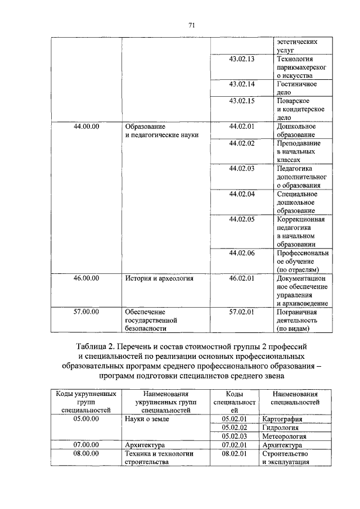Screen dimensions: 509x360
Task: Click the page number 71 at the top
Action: click(191, 25)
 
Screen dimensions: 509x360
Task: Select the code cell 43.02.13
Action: click(242, 59)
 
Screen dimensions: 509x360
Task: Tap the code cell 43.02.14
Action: click(242, 84)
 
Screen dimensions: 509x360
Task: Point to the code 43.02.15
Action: click(242, 101)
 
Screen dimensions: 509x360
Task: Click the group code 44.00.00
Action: click(86, 127)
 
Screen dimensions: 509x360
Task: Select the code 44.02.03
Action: click(242, 168)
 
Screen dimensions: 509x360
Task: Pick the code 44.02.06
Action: click(242, 253)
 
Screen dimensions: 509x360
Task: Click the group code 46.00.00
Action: click(86, 278)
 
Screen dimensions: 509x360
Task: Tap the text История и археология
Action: click(159, 278)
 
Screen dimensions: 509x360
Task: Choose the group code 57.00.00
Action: click(86, 311)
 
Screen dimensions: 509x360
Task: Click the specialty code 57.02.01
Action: click(242, 311)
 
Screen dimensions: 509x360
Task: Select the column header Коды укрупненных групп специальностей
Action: click(86, 402)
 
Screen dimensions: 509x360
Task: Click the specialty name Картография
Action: click(282, 419)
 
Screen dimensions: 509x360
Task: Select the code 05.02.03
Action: click(235, 436)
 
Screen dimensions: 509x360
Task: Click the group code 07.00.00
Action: click(86, 444)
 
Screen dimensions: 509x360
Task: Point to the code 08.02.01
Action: click(235, 453)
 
